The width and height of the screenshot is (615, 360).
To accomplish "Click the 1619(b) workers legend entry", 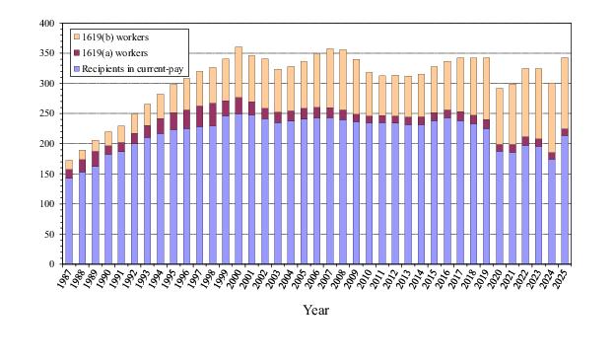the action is click(111, 37).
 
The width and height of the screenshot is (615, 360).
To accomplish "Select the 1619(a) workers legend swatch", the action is click(77, 53).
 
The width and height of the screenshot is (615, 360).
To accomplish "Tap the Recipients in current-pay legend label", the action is click(133, 69).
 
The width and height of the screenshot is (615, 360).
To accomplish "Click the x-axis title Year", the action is click(315, 310).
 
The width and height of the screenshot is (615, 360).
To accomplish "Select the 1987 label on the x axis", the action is click(65, 279).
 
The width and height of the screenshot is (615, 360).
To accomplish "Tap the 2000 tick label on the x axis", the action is click(235, 279).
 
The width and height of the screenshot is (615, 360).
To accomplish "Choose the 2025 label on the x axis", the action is click(561, 279).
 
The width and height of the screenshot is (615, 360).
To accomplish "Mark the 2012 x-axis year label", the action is click(391, 279).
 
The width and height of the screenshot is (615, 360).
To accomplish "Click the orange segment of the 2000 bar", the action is click(239, 72).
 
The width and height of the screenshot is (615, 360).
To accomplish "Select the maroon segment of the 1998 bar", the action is click(213, 114).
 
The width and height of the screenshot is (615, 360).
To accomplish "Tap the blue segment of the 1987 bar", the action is click(69, 221).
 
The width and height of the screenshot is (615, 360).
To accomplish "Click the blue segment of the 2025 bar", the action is click(565, 200).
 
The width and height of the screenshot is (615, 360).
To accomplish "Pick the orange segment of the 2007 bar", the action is click(330, 78).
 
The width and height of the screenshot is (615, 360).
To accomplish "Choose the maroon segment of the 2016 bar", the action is click(447, 113).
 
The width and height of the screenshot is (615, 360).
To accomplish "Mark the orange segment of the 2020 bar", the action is click(500, 116).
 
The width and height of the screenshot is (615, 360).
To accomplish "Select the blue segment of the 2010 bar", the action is click(369, 193).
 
